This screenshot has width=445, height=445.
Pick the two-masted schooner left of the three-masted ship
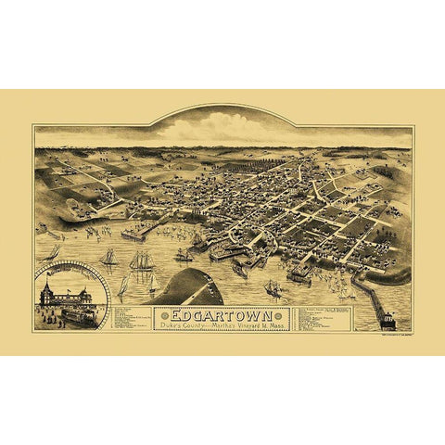pos(109,257)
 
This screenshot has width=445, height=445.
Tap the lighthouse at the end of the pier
pos(388,319)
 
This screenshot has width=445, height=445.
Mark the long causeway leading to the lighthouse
pos(369,295)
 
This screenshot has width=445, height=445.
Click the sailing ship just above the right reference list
pos(273,288)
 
